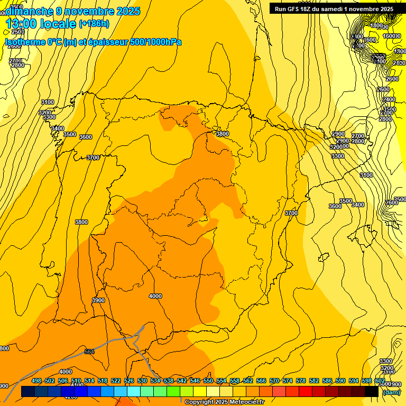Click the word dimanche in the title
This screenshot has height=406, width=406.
30,11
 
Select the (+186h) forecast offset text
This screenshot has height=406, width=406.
94,24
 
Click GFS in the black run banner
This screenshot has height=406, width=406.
297,9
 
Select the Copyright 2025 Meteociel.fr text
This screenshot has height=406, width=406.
224,402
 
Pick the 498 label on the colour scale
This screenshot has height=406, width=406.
36,381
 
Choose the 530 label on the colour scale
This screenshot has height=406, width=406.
142,381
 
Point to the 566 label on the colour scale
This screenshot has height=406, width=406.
261,381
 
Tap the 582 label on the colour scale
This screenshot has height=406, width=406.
314,381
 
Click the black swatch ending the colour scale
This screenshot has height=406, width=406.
372,392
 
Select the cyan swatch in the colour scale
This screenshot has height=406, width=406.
134,392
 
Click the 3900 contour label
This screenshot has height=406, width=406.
98,300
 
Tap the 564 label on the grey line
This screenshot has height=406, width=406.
89,352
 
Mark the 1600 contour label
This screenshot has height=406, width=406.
370,40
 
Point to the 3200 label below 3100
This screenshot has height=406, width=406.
45,113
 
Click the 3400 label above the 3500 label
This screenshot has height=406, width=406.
57,128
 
